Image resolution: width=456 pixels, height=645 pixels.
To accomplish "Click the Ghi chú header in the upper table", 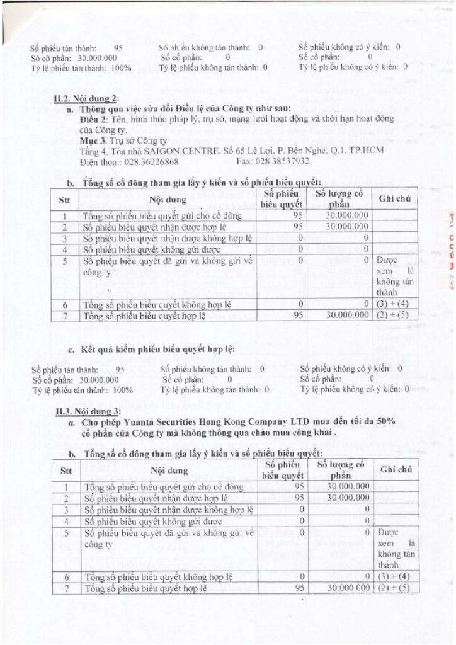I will pyautogui.click(x=395, y=198).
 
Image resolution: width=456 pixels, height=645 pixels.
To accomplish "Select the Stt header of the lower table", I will pyautogui.click(x=66, y=471).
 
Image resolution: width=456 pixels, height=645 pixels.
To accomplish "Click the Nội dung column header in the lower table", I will pyautogui.click(x=168, y=471).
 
